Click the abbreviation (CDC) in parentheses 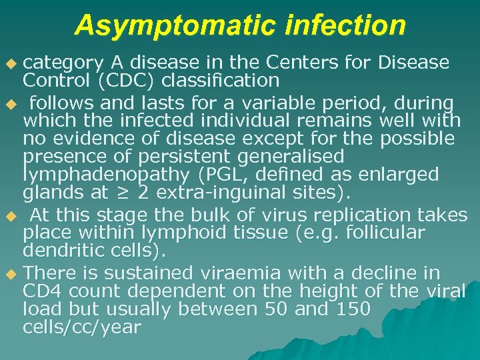(x=118, y=81)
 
